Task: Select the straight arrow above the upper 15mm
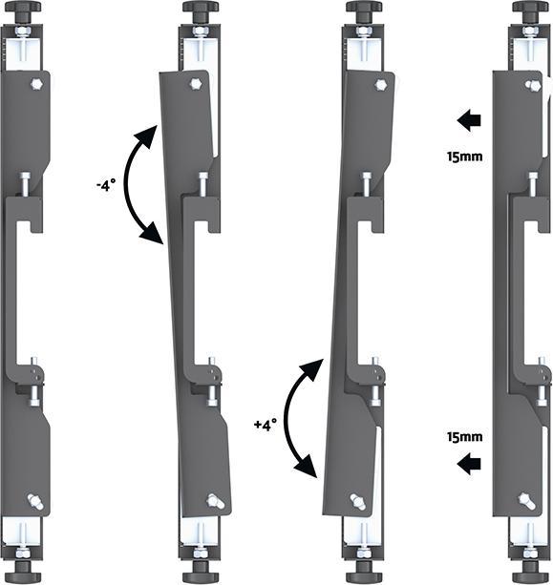pos(468,121)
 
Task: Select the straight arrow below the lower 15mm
pos(468,465)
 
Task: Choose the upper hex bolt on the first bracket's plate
pos(34,84)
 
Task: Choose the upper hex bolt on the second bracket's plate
pos(198,84)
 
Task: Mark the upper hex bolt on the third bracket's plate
pos(378,84)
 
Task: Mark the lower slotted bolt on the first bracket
pos(34,500)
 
